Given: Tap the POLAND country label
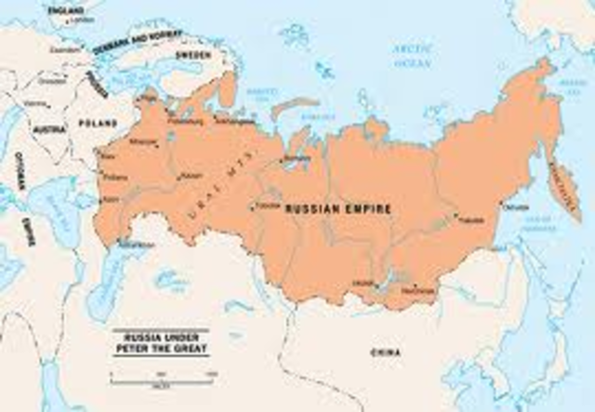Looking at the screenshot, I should point(99,123).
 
